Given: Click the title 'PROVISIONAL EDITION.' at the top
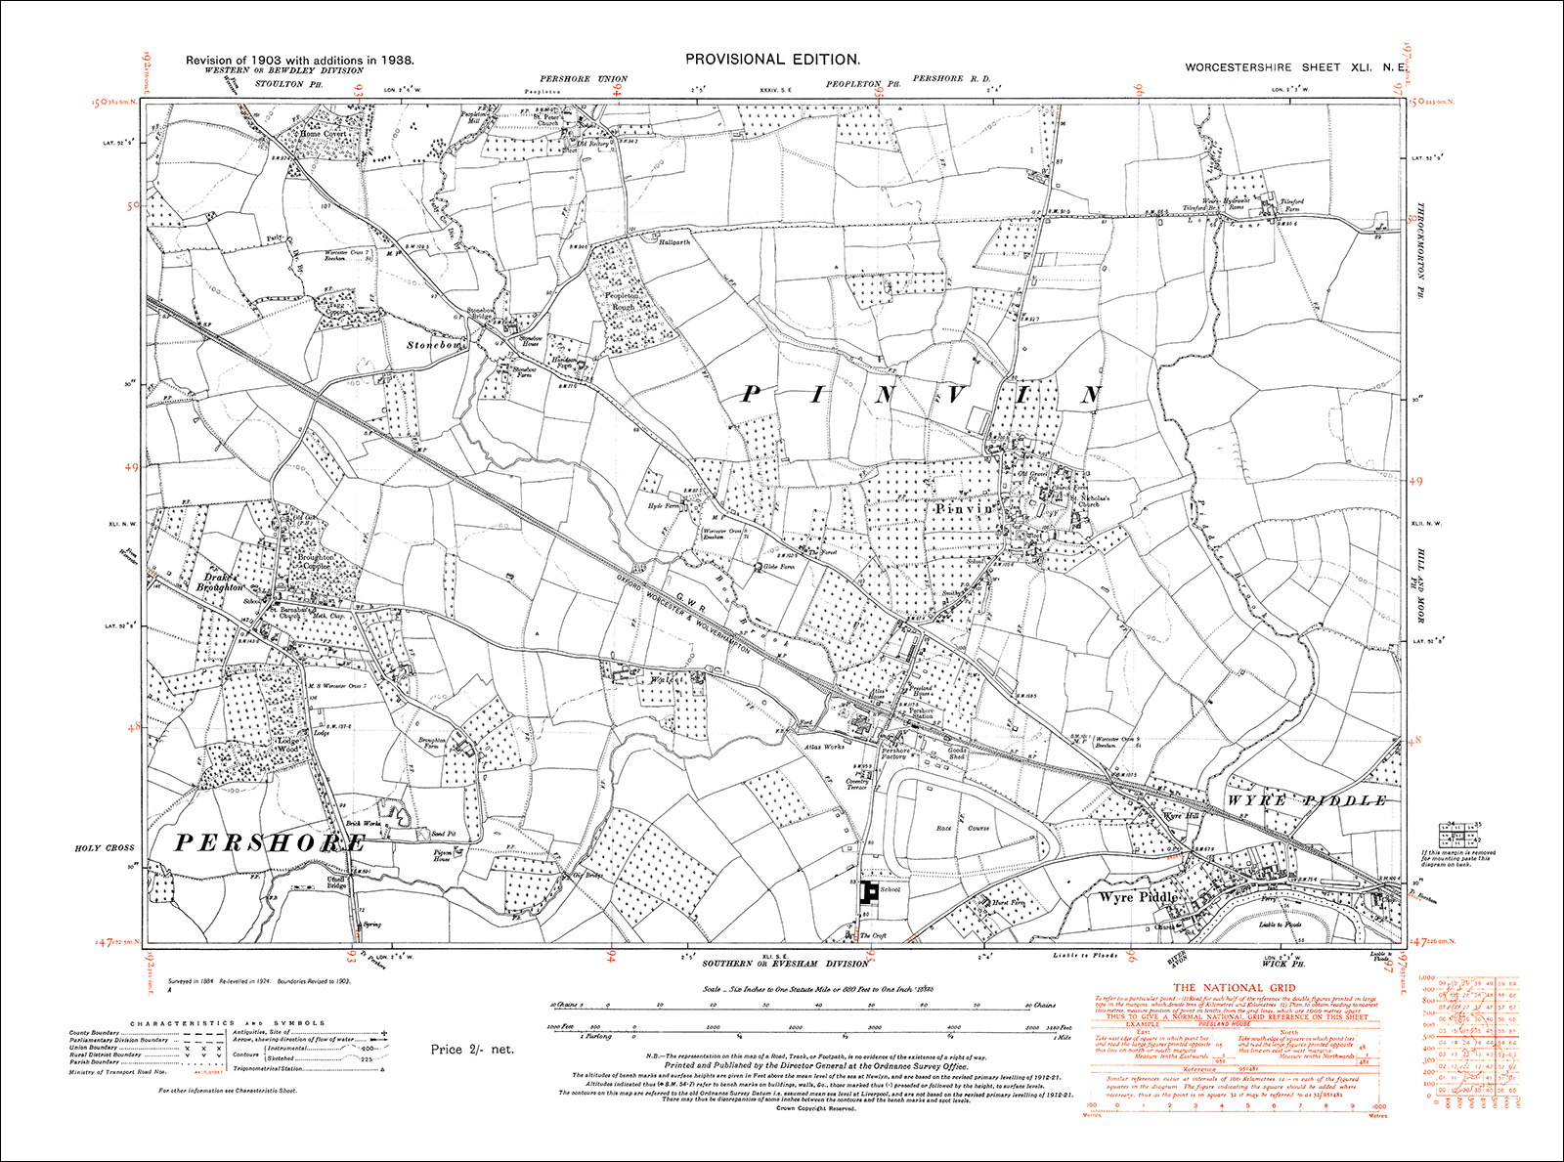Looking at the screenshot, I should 772,60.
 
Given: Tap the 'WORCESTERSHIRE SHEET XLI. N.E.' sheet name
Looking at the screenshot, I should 1295,67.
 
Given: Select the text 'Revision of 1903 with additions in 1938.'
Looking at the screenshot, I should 300,61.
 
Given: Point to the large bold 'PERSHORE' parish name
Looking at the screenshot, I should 270,843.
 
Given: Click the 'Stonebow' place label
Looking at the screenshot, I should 437,346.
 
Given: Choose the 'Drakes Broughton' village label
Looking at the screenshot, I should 220,582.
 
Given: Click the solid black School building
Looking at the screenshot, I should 867,890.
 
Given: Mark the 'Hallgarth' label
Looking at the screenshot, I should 674,241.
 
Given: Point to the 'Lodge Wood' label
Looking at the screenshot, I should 288,745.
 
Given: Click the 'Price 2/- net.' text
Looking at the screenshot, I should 472,1050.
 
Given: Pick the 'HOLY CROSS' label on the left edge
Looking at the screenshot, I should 105,848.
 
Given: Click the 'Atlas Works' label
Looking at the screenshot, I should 826,748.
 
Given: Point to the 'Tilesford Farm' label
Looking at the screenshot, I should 1292,205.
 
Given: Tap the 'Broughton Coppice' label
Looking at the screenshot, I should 315,561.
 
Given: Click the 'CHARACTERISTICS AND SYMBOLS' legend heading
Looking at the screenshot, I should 228,1023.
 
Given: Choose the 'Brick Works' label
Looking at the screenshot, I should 364,823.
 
